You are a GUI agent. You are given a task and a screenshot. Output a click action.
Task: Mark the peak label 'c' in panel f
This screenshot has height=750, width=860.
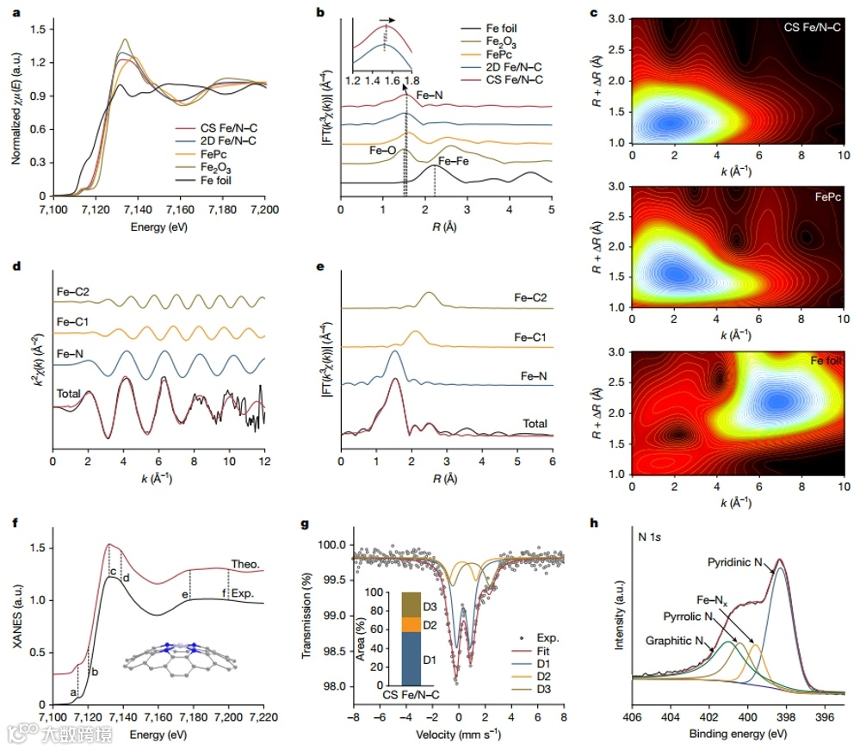113,573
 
